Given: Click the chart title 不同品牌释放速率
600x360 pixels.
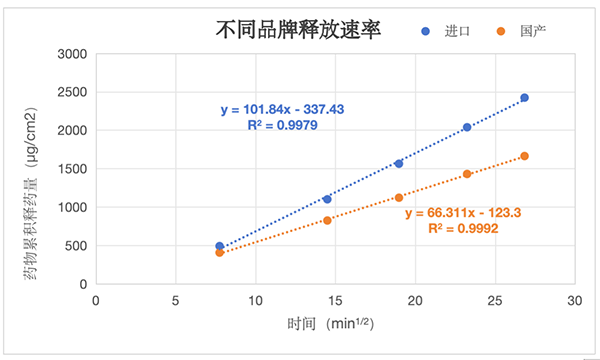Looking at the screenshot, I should click(x=298, y=29).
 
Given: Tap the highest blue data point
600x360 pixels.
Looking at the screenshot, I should click(x=524, y=98).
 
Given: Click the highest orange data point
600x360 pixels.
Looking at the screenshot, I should click(x=524, y=156).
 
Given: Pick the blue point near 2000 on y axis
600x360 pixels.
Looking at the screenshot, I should click(x=467, y=127).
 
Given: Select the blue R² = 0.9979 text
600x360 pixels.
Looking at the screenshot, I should click(x=282, y=126).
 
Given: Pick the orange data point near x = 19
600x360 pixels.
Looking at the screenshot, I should click(x=398, y=198).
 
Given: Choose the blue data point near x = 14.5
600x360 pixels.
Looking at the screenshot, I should click(x=327, y=199).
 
